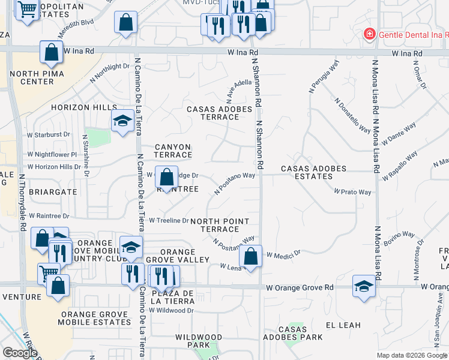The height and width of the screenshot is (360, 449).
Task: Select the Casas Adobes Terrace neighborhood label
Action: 213,113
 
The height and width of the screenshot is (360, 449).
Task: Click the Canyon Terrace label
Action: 173,151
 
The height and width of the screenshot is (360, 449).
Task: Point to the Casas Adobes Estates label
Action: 314,172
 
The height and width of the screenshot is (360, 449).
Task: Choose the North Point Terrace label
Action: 219,225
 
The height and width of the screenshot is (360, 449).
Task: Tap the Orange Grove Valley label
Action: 178,256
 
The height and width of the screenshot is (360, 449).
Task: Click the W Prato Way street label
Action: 352,192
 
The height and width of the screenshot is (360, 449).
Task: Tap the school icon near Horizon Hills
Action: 122,122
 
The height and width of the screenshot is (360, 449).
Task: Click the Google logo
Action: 20,353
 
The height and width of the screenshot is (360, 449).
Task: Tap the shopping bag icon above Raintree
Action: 167,177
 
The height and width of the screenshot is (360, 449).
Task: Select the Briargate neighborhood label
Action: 40,192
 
